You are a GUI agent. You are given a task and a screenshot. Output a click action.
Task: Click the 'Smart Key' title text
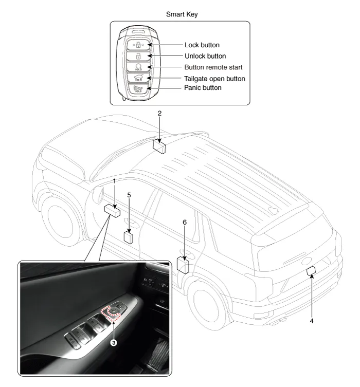tap(182, 14)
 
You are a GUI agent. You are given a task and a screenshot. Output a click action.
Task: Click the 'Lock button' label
tap(202, 45)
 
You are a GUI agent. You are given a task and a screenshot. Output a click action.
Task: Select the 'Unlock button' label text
tap(205, 56)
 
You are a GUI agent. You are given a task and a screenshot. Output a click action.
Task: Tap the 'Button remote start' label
tap(213, 67)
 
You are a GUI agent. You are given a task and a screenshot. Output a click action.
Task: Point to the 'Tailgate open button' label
tap(214, 79)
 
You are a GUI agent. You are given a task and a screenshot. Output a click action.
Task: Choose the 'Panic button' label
tap(203, 88)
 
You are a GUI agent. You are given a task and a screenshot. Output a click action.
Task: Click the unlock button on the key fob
tap(137, 56)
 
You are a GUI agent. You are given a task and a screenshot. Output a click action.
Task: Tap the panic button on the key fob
tap(137, 89)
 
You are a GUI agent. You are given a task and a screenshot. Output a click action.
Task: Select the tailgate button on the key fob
tap(137, 78)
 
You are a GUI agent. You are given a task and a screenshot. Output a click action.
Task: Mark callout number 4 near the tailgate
tap(311, 320)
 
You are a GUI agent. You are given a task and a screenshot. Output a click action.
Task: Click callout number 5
tap(129, 195)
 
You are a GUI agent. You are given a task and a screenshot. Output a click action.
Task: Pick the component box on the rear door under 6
tap(183, 264)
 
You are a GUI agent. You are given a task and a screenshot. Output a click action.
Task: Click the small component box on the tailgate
tap(310, 272)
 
